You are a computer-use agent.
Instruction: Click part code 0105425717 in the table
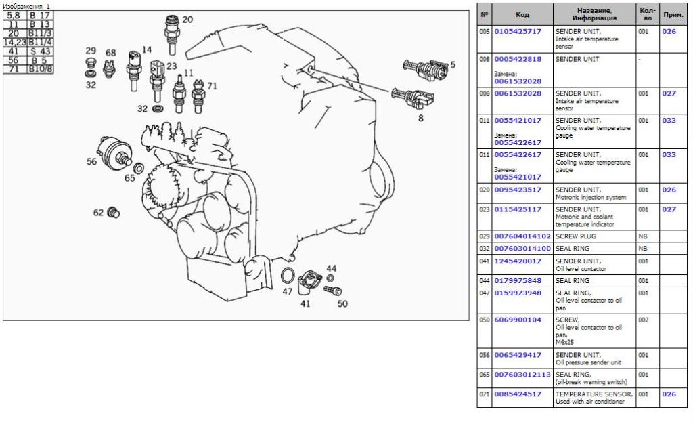coord(518,31)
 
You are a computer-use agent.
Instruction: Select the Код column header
coord(522,15)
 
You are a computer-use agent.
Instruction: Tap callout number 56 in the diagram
coord(91,161)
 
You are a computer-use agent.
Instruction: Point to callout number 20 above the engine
coord(187,20)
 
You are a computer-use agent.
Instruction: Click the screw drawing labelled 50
coord(333,290)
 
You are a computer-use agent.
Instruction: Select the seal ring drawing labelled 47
coord(287,276)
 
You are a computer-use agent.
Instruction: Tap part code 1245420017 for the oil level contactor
coord(518,261)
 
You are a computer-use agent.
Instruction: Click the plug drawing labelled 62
coord(114,212)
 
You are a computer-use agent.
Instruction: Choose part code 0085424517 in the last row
coord(518,394)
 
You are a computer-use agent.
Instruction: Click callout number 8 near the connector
coord(421,118)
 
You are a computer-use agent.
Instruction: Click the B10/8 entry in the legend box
coord(40,69)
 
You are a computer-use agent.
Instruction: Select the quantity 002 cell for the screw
coord(644,320)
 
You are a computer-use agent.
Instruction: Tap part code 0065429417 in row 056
coord(518,355)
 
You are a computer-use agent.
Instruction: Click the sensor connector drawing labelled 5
coord(425,70)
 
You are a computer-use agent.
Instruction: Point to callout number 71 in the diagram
coord(212,86)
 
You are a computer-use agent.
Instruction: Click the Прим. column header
coord(673,15)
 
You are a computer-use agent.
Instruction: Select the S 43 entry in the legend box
coord(40,51)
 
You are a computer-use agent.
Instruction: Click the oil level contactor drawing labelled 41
coord(309,282)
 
